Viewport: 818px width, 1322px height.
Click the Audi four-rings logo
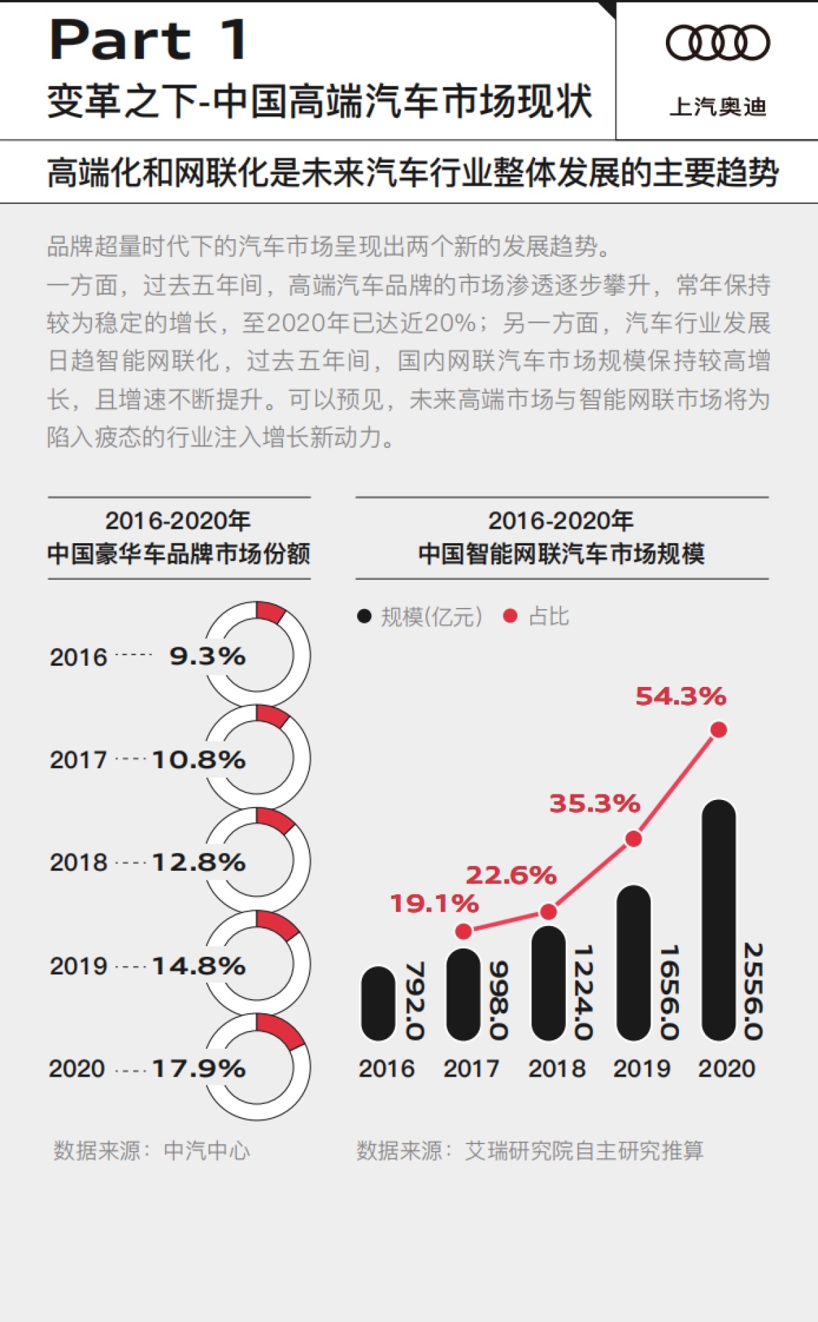click(718, 43)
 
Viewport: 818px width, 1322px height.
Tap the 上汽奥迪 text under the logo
click(718, 107)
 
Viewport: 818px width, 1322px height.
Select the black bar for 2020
click(718, 920)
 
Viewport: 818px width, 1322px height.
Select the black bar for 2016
click(378, 1003)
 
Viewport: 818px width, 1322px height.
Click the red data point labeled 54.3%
click(718, 730)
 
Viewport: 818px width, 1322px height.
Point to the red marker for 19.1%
click(464, 931)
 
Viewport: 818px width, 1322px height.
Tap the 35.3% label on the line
click(594, 803)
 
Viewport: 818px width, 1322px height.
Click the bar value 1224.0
click(584, 991)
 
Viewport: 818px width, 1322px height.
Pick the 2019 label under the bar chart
click(641, 1068)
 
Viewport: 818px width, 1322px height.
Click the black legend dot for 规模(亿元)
click(365, 616)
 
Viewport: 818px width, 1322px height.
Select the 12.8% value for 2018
click(198, 862)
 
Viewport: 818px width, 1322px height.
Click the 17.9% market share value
click(198, 1068)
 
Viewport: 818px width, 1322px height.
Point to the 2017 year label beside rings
click(78, 759)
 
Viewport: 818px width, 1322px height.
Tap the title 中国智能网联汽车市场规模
click(561, 553)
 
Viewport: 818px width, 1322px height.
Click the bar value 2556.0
click(753, 991)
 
